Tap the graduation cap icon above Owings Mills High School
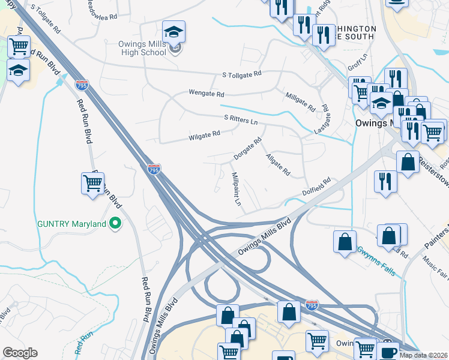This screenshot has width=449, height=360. coord(173,31)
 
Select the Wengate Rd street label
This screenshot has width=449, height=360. coord(206,94)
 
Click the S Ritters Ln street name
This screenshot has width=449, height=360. coord(240,121)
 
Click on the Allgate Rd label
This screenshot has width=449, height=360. coord(278,164)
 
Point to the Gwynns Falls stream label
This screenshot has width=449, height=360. coord(376,260)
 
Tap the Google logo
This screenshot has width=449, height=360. coord(20,353)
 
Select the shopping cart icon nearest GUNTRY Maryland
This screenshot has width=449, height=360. coord(93,184)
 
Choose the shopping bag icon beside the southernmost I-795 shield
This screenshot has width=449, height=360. coord(289,312)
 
